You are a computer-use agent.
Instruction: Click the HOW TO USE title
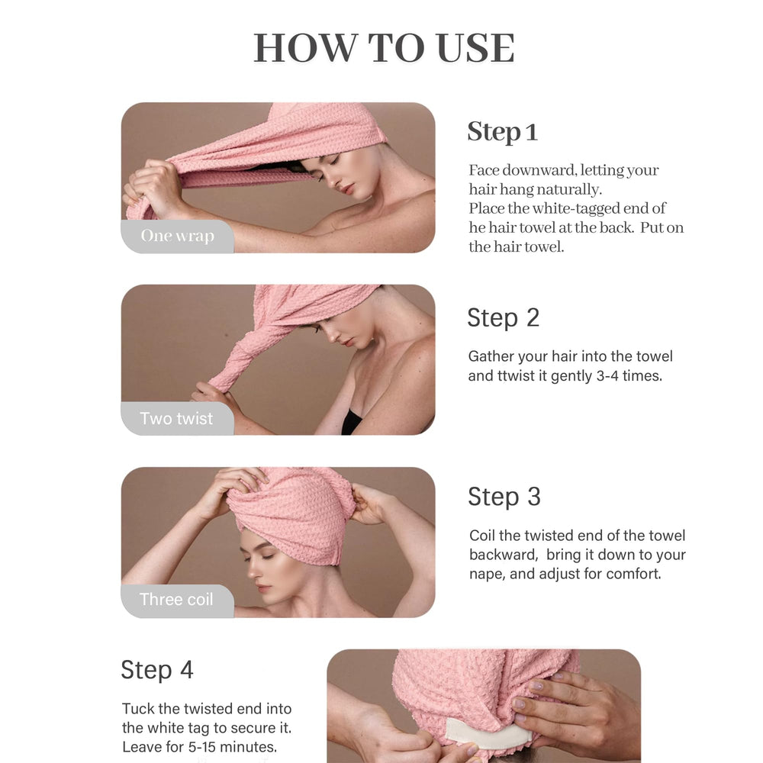click(384, 47)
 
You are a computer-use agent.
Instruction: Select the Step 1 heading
click(502, 132)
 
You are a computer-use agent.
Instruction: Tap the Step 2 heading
click(503, 318)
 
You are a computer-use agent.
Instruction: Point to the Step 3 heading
click(504, 497)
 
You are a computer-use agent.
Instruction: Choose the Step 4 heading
click(156, 670)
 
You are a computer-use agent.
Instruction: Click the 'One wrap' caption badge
click(178, 236)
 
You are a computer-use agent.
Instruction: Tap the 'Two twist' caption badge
click(177, 418)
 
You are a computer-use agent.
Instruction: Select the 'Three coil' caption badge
click(177, 600)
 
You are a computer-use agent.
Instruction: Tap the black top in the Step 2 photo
click(352, 422)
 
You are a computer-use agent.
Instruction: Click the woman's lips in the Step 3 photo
click(264, 588)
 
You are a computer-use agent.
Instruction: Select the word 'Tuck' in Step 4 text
click(138, 709)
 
